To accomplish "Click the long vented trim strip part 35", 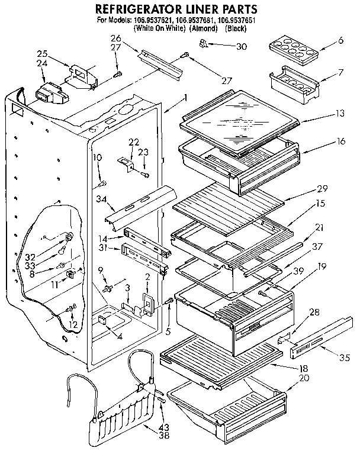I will pyautogui.click(x=319, y=337).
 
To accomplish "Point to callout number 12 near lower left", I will pyautogui.click(x=73, y=325).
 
